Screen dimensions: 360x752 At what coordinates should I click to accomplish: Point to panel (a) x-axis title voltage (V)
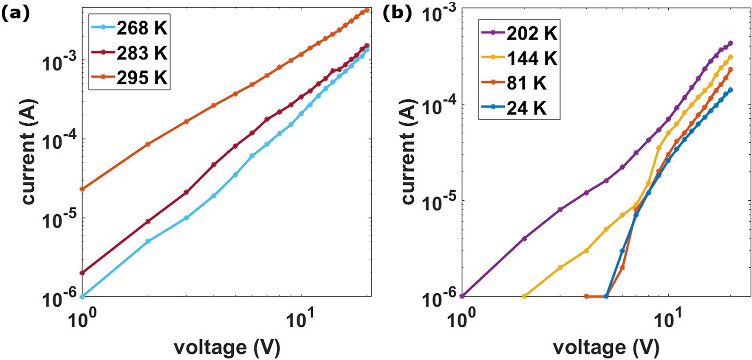point(227,347)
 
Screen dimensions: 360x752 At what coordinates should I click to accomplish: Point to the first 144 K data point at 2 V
point(524,296)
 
